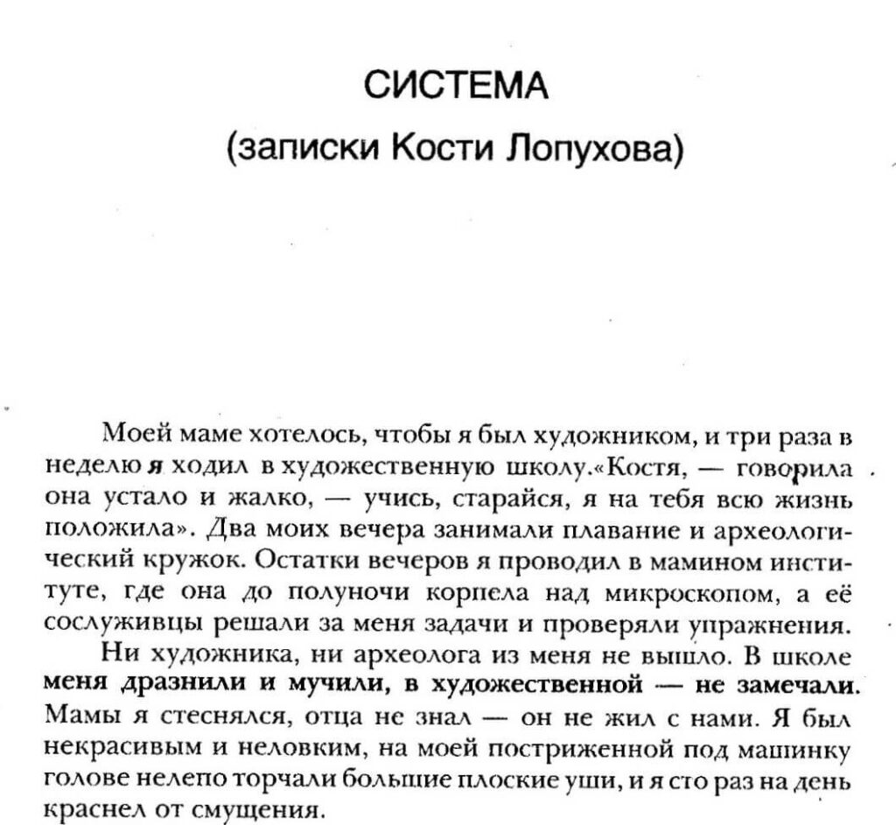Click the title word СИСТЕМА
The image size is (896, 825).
pyautogui.click(x=455, y=88)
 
